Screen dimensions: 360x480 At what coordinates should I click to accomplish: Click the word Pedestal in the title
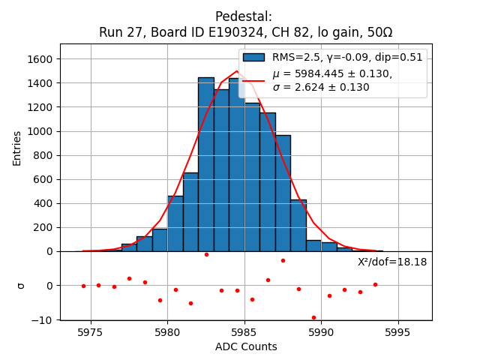[243, 16]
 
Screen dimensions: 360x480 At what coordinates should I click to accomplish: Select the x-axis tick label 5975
[91, 332]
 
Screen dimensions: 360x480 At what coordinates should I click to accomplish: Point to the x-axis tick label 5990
[321, 332]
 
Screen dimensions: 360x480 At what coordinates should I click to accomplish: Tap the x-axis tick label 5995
[397, 332]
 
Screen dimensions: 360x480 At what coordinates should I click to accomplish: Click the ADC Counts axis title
[246, 346]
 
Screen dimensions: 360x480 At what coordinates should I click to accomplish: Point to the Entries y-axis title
[17, 148]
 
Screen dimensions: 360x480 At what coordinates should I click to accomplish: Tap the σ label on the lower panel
[20, 286]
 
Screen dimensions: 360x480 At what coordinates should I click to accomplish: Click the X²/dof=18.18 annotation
[392, 262]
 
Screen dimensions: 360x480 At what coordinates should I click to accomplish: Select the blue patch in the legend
[253, 57]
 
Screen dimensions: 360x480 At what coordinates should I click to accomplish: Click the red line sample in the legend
[253, 79]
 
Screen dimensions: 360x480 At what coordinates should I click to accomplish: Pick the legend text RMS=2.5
[296, 57]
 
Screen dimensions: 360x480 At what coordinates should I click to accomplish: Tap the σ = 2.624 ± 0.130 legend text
[321, 87]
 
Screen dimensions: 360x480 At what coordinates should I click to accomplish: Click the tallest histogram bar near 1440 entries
[206, 164]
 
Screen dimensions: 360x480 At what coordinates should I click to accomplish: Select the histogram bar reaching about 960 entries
[283, 193]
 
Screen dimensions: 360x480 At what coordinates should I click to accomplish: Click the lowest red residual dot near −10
[313, 317]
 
